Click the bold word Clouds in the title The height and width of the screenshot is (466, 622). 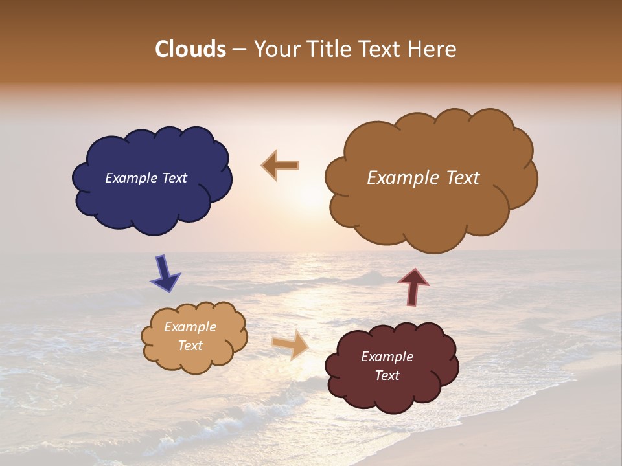tap(190, 49)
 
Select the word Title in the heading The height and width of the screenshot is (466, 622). tap(325, 49)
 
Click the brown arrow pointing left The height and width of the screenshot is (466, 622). tap(281, 166)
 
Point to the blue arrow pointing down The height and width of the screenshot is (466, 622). tap(165, 272)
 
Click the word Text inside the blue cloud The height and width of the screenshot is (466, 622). tap(174, 178)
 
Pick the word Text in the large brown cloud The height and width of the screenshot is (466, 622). tap(463, 178)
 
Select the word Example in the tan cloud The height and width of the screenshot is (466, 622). tap(190, 327)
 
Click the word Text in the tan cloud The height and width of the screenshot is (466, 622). tap(190, 346)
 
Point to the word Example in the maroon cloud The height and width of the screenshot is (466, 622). tap(387, 357)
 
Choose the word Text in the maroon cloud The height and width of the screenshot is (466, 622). tap(387, 375)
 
